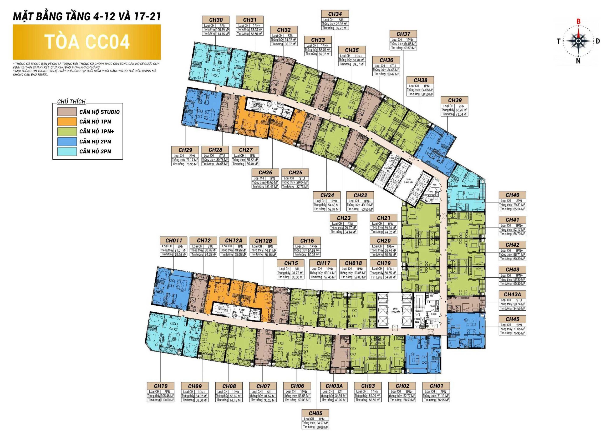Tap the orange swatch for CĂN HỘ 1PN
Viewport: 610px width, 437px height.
(x=66, y=121)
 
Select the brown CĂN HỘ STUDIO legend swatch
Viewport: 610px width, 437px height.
(x=66, y=112)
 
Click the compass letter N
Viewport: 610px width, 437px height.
(x=578, y=61)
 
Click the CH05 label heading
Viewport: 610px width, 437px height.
(x=315, y=413)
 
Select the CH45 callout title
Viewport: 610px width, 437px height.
(x=512, y=319)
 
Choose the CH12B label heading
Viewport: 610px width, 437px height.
(x=263, y=240)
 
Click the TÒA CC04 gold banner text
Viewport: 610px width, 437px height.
(x=87, y=42)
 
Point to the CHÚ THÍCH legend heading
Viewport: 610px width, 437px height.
(x=71, y=101)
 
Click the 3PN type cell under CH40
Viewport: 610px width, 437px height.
(x=519, y=201)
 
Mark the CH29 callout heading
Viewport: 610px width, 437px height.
(x=185, y=150)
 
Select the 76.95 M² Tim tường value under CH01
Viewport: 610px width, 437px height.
(x=443, y=400)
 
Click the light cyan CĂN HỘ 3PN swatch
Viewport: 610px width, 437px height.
(x=66, y=151)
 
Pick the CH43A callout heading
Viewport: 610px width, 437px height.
(x=512, y=294)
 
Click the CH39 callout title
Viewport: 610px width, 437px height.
(x=455, y=100)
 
